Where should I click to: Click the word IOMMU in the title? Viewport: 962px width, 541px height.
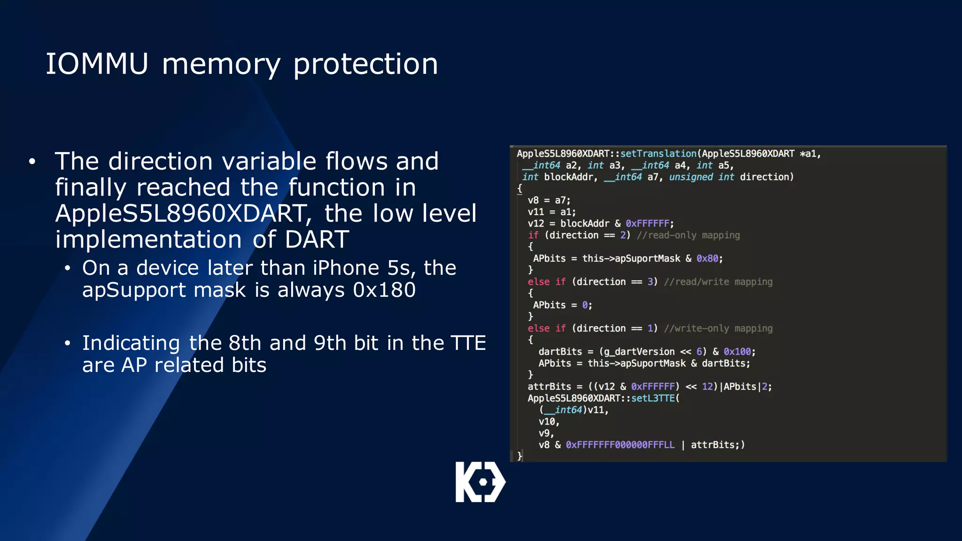click(97, 64)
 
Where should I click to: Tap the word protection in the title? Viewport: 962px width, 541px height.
click(365, 64)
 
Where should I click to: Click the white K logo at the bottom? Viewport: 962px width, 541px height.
click(480, 482)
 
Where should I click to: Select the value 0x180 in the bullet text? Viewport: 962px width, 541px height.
click(384, 290)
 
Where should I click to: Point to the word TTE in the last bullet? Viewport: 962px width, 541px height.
click(468, 343)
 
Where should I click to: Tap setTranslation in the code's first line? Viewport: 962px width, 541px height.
click(658, 154)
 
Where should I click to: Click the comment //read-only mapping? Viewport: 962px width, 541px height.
click(688, 235)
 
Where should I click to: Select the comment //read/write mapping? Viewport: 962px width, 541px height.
click(718, 282)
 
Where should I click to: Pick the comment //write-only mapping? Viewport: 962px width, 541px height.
click(718, 328)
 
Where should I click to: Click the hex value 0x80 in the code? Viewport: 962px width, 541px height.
click(707, 258)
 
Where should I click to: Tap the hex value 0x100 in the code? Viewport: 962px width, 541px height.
click(737, 352)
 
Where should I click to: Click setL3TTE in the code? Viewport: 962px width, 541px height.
click(653, 398)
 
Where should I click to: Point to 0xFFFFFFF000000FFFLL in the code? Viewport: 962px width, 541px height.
click(620, 445)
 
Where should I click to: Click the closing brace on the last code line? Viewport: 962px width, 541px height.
click(520, 456)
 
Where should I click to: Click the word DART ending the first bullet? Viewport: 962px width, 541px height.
click(317, 240)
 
